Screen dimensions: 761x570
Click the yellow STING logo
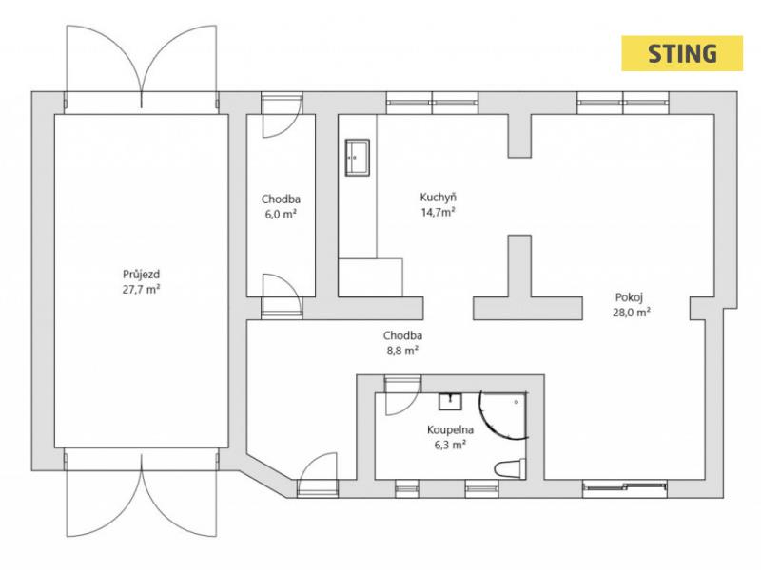point(682,53)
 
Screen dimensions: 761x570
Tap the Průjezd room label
point(141,275)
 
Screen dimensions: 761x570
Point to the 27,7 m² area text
point(141,290)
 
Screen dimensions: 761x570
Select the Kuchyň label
point(439,198)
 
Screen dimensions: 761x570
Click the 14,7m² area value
point(439,212)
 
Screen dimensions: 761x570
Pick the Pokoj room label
point(629,297)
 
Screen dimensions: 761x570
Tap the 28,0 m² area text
point(632,313)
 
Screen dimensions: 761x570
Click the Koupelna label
point(450,430)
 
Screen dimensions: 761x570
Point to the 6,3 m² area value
point(450,445)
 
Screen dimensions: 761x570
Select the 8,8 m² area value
point(402,351)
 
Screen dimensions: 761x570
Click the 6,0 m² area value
point(281,215)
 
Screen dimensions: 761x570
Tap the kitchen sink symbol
point(358,157)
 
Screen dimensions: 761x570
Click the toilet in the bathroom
point(510,468)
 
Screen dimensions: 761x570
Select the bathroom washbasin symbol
point(450,402)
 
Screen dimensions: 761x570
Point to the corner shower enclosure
point(503,415)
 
